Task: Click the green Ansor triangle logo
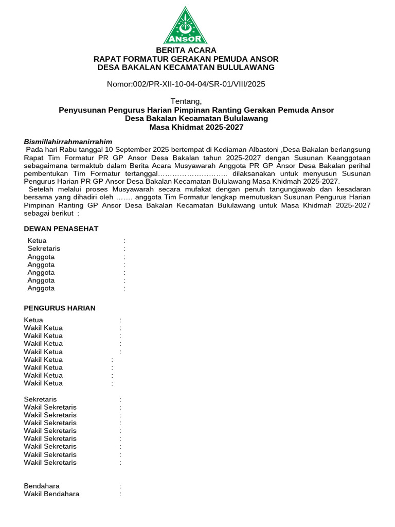pos(186,25)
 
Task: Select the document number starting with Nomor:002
pos(186,84)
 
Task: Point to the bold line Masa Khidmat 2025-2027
pos(196,127)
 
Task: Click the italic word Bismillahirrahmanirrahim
pos(68,142)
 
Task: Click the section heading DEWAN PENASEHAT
pos(61,229)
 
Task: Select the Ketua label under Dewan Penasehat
pos(37,241)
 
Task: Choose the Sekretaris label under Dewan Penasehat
pos(44,249)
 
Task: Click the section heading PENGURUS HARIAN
pos(60,308)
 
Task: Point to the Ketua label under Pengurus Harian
pos(33,320)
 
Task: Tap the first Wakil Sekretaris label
pos(50,407)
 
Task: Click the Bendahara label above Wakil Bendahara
pos(42,486)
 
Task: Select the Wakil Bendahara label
pos(51,494)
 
